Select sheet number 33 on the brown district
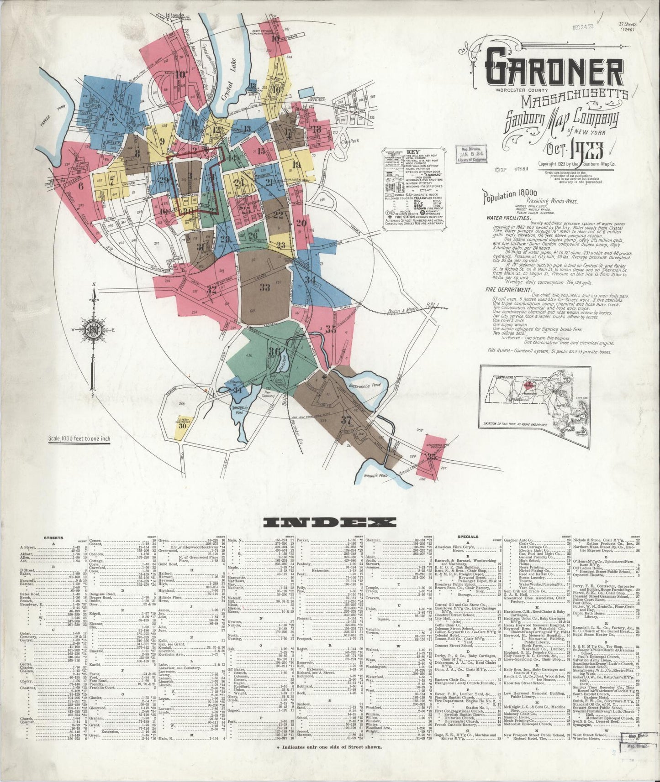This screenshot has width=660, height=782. coord(264,287)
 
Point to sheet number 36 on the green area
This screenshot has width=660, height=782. coord(275,351)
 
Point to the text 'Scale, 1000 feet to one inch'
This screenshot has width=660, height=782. coord(79,439)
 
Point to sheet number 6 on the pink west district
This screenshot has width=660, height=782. coord(81,186)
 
